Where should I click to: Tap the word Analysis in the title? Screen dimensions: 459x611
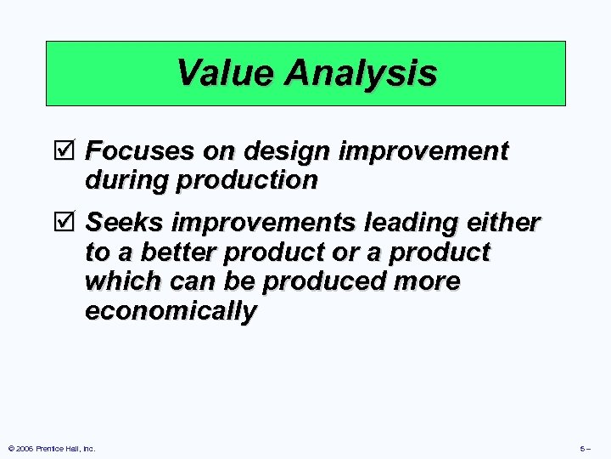[361, 73]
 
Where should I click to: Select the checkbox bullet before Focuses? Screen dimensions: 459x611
[70, 152]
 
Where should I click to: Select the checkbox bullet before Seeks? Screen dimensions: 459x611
[70, 223]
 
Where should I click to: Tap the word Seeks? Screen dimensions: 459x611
[125, 223]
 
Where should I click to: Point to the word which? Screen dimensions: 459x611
[117, 281]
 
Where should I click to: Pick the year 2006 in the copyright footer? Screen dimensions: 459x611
[25, 448]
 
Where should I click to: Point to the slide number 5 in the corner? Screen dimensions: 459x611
[582, 448]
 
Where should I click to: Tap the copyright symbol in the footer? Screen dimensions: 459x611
[10, 448]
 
